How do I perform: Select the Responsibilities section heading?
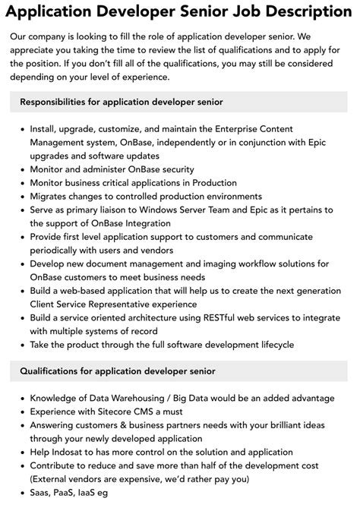click(122, 102)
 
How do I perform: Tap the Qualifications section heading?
click(118, 371)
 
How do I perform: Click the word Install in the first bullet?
click(43, 129)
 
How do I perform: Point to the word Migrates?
click(51, 196)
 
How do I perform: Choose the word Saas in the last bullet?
click(42, 492)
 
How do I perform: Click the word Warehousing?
click(131, 398)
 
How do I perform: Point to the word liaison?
click(118, 210)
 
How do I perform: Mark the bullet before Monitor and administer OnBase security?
click(21, 169)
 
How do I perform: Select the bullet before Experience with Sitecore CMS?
click(21, 411)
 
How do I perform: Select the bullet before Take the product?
click(21, 345)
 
